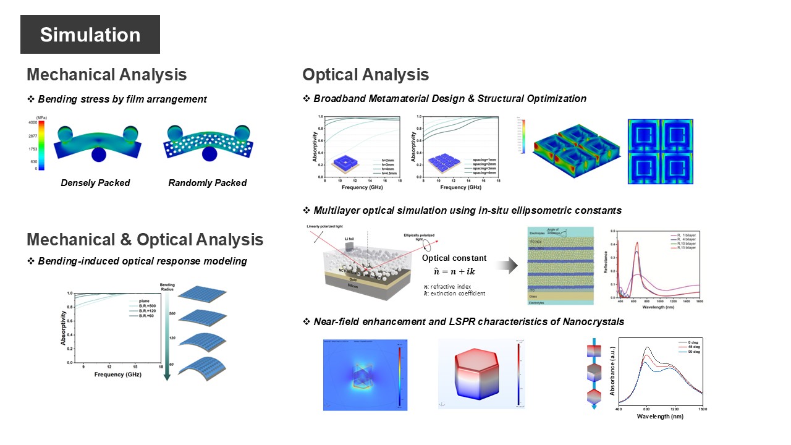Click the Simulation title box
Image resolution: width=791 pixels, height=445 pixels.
[x=90, y=35]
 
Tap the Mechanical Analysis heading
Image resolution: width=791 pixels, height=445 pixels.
[x=106, y=75]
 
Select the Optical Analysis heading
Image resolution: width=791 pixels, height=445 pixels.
[x=365, y=75]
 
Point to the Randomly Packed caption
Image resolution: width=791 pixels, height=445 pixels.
[x=207, y=183]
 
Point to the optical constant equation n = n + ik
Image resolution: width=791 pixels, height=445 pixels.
[x=454, y=271]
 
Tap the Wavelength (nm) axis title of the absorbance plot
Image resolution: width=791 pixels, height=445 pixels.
[x=660, y=416]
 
